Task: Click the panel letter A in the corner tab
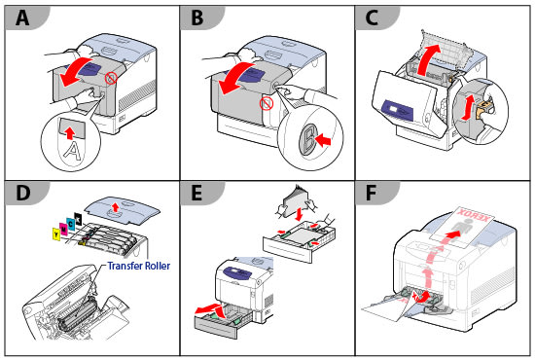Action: click(x=21, y=18)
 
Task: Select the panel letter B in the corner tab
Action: click(x=197, y=18)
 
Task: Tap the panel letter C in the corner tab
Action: click(x=372, y=18)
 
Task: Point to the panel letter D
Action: click(x=22, y=193)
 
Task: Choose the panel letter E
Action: click(x=196, y=193)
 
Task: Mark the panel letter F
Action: click(x=371, y=193)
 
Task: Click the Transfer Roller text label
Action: click(x=138, y=266)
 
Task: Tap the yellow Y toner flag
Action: click(x=56, y=234)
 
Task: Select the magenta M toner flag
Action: click(x=63, y=229)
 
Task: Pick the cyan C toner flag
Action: click(x=71, y=224)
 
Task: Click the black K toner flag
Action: click(x=78, y=219)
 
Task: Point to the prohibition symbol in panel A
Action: click(x=111, y=78)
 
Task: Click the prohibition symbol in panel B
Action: click(x=267, y=103)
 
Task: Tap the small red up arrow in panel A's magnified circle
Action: click(x=70, y=133)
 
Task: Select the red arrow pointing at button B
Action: click(x=323, y=139)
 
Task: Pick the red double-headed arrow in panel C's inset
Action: click(x=468, y=107)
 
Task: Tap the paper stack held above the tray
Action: click(x=296, y=201)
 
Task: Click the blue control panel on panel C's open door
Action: click(x=399, y=111)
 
